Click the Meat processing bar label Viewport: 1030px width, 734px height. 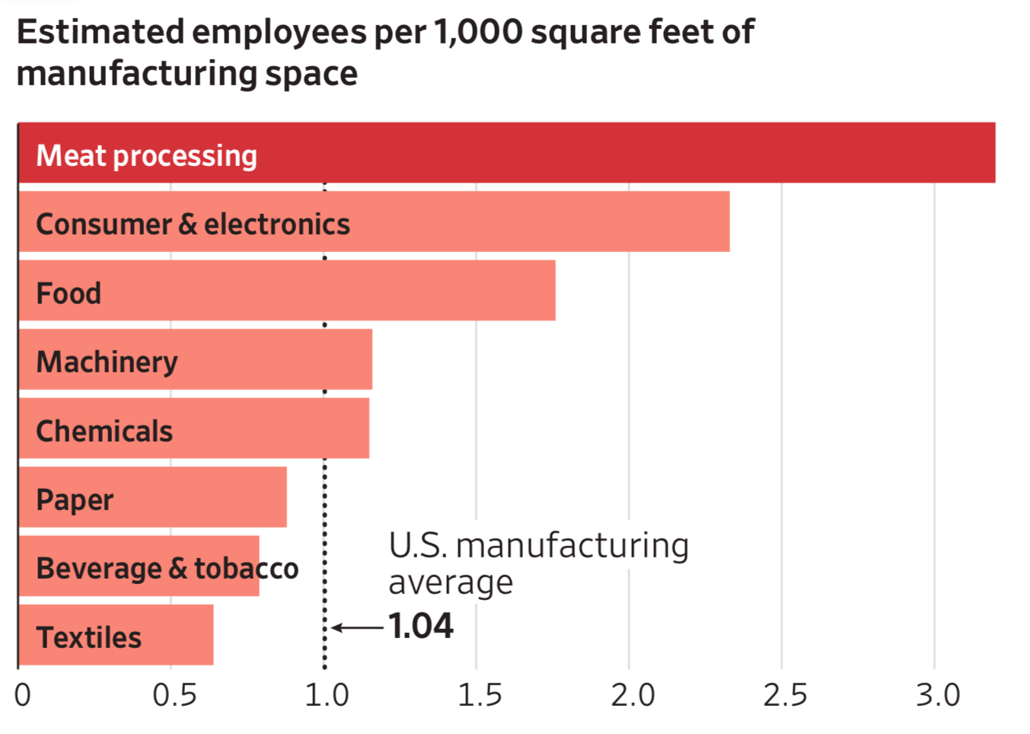click(147, 156)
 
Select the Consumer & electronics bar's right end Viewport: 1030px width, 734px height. click(728, 222)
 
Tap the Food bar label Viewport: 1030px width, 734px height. click(69, 293)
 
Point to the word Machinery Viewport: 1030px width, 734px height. click(107, 362)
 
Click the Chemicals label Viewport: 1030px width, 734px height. click(104, 432)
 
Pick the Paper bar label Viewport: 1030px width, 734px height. click(75, 500)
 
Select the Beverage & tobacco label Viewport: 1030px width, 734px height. click(167, 569)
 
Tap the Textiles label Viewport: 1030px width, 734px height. click(89, 638)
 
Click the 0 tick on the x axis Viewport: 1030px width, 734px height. click(23, 695)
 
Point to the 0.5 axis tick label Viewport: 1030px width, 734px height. click(174, 695)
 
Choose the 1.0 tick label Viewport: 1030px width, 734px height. click(327, 695)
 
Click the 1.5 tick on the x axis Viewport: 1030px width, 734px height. click(480, 695)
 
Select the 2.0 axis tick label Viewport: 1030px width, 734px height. click(632, 695)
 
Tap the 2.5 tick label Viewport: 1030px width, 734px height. click(785, 695)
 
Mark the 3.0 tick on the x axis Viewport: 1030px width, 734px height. click(938, 695)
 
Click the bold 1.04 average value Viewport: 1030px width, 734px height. click(421, 627)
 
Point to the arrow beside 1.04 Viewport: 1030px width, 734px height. click(358, 627)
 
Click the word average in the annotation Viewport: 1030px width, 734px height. click(451, 583)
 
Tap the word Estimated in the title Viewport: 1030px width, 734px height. click(100, 33)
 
